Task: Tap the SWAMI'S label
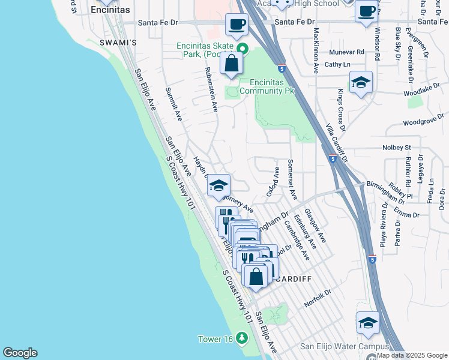click(x=118, y=43)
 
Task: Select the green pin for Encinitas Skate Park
click(x=243, y=48)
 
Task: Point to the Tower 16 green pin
click(x=242, y=338)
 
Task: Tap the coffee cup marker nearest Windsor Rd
click(x=366, y=11)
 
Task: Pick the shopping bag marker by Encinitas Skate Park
click(x=231, y=62)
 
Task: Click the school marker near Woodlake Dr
click(x=361, y=83)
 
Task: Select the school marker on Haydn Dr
click(x=219, y=185)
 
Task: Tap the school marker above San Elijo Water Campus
click(x=368, y=323)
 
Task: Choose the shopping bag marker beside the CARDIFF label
click(x=256, y=277)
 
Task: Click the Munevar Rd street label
click(x=345, y=52)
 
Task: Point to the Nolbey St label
click(x=396, y=147)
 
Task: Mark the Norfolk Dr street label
click(x=318, y=298)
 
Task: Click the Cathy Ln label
click(x=337, y=64)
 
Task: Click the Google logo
click(x=20, y=353)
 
